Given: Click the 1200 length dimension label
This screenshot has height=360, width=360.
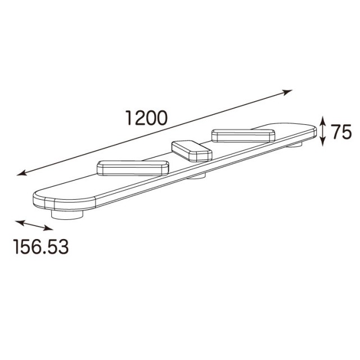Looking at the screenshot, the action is coord(146,118).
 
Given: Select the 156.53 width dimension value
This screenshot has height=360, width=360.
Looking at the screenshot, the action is coord(41,246).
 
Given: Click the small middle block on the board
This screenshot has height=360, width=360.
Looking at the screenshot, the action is coord(192,151).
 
